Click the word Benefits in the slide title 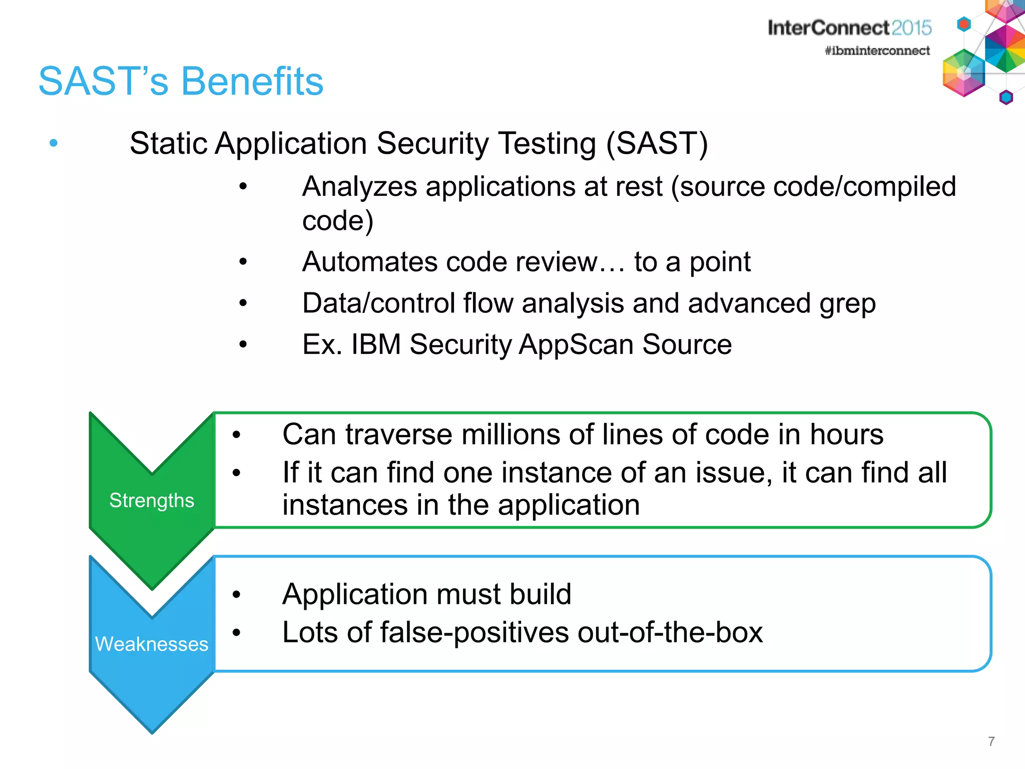click(x=252, y=82)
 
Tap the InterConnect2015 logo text click(x=849, y=28)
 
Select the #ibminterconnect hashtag click(x=877, y=51)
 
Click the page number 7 click(x=991, y=741)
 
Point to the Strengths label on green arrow click(x=152, y=500)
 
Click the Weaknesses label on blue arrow click(x=152, y=644)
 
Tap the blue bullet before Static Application click(x=54, y=144)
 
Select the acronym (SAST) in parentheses click(x=657, y=144)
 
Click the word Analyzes click(x=359, y=187)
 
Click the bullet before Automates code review click(x=243, y=262)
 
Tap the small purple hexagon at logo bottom click(x=1006, y=97)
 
